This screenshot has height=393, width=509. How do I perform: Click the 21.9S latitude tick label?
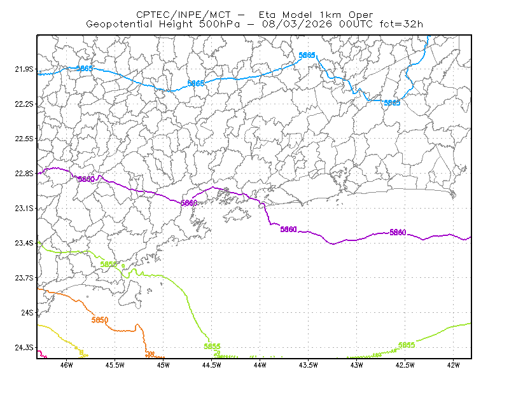click(24, 69)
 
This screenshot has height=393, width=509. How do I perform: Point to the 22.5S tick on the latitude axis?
click(24, 139)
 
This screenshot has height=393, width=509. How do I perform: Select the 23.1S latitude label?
click(24, 208)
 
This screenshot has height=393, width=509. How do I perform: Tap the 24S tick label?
click(27, 312)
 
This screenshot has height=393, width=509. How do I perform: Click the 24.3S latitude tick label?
click(24, 348)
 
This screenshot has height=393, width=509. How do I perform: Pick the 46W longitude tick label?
click(67, 365)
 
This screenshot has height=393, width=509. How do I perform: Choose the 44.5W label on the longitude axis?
click(212, 365)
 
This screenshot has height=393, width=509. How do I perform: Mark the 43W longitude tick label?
click(357, 365)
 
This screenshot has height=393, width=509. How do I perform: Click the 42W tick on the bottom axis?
click(453, 365)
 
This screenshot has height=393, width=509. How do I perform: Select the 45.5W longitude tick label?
click(115, 365)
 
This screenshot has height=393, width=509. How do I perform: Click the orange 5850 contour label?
click(100, 320)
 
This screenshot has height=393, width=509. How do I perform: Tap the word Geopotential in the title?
click(119, 24)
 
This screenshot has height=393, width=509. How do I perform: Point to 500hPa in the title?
click(220, 24)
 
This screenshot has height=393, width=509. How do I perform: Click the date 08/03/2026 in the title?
click(297, 24)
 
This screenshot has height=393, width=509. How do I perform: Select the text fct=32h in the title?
click(401, 24)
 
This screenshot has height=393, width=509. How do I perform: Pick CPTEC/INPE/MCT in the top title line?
click(183, 15)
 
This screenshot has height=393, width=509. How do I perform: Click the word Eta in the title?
click(267, 15)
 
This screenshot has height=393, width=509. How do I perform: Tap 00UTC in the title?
click(356, 24)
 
